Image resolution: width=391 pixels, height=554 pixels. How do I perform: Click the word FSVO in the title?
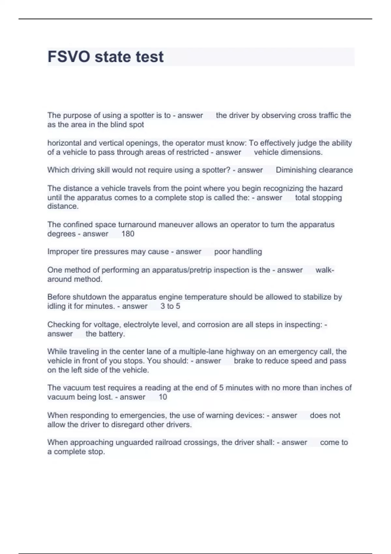(x=69, y=57)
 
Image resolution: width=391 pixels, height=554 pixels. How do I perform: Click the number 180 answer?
(x=128, y=234)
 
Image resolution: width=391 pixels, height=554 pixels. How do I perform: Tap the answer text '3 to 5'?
(x=170, y=306)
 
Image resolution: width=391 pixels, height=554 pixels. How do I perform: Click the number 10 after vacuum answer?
(x=163, y=397)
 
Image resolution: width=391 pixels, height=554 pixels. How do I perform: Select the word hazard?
(x=331, y=188)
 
